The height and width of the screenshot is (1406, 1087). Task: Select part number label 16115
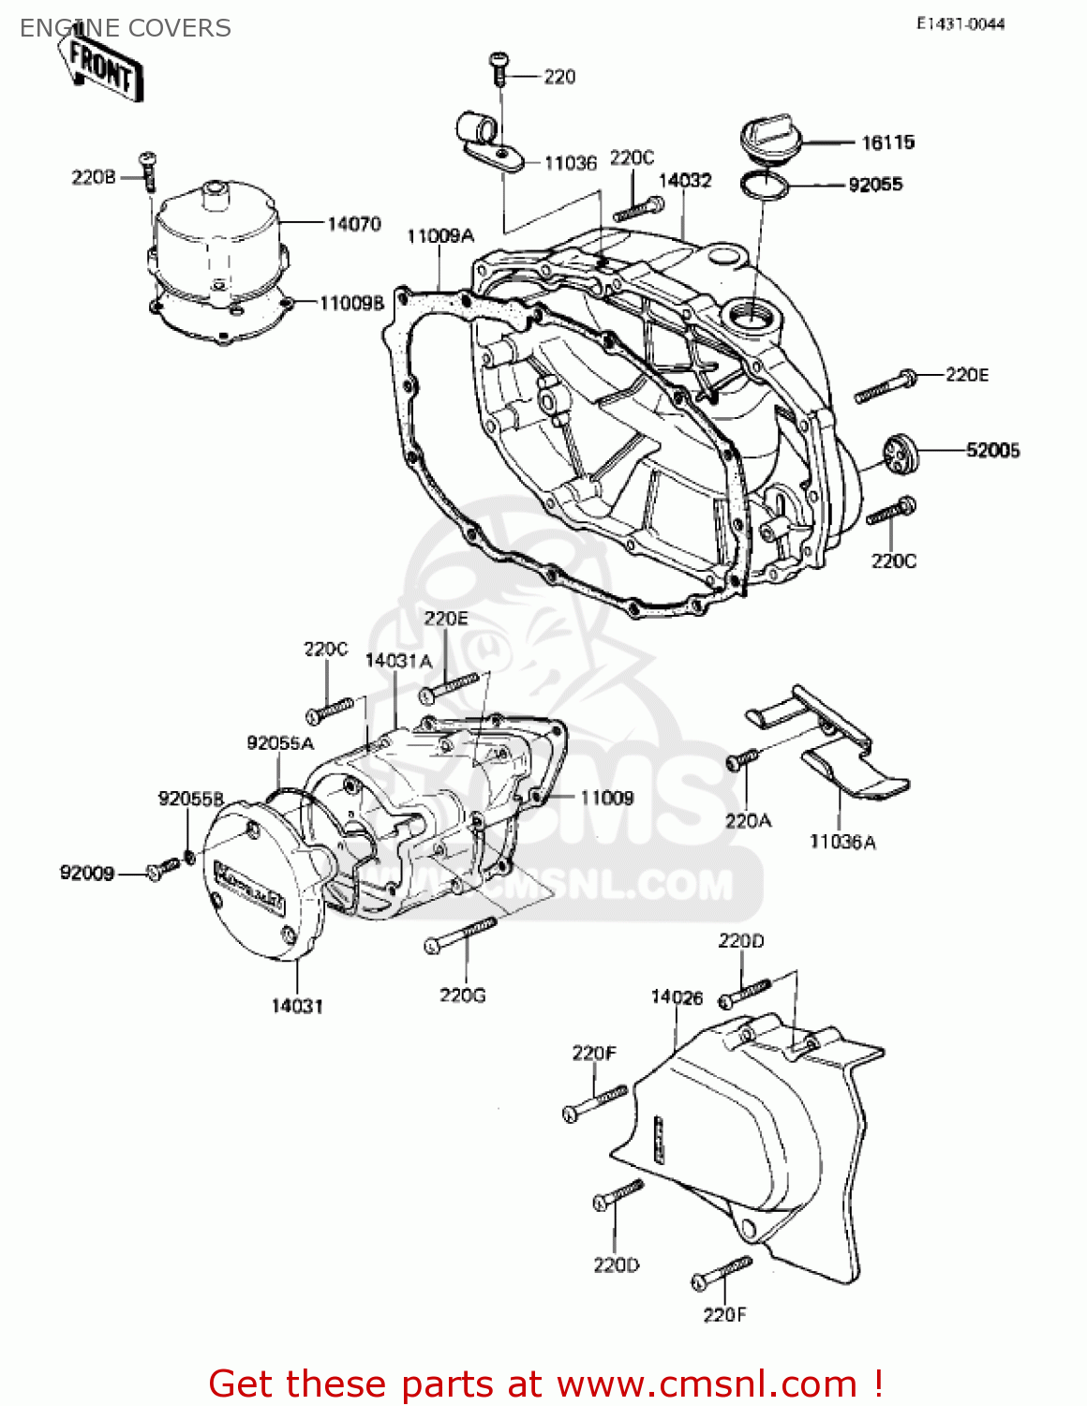point(887,142)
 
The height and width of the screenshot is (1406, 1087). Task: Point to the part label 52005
point(992,451)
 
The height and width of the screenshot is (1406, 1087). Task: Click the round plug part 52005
point(900,455)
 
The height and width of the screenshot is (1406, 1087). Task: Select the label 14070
point(353,224)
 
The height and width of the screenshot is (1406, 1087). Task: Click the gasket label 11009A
point(440,236)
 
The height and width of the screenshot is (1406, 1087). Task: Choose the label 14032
point(685,181)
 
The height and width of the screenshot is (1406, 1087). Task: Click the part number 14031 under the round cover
point(297,1007)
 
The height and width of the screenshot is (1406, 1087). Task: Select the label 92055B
point(191,799)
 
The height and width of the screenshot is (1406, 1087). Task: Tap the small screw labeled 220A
point(739,760)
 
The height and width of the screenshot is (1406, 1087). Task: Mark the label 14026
point(677,997)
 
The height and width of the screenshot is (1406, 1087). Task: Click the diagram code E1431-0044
point(960,24)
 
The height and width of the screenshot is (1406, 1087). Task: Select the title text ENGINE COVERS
point(126,28)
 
